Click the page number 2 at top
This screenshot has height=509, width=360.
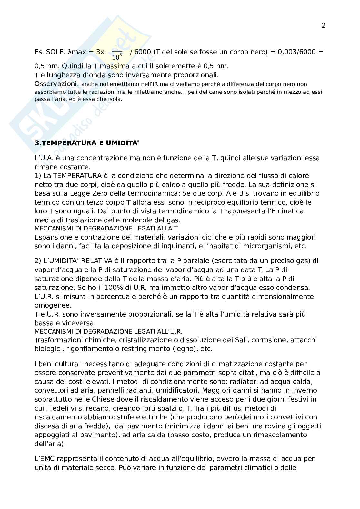click(324, 25)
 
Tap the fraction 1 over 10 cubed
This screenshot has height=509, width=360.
click(117, 52)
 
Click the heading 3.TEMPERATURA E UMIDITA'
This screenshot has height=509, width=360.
click(87, 143)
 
